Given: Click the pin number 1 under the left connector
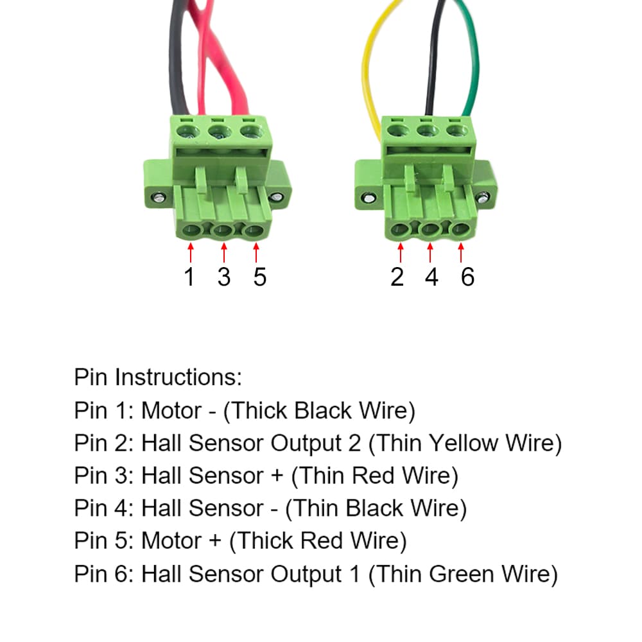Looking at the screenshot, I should tap(189, 277).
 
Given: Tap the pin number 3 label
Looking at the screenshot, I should tap(223, 277).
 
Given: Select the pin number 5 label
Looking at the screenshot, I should tap(259, 277).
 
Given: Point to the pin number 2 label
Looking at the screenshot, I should tap(397, 277).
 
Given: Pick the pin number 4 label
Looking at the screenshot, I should tap(431, 277).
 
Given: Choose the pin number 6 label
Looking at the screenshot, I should tap(467, 277).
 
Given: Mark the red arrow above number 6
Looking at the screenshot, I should tap(462, 252).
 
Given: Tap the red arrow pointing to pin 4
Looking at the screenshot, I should tap(430, 252).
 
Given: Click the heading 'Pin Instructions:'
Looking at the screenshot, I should tap(158, 377).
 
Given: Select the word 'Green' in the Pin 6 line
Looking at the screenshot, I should tap(467, 574).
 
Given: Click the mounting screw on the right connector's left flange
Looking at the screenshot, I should tap(368, 197).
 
